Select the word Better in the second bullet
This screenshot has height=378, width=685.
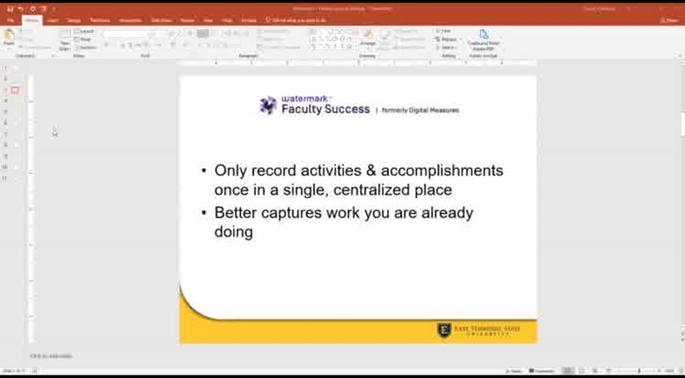[x=235, y=213]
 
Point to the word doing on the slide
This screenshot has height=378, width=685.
[x=233, y=232]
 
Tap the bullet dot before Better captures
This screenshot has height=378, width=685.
[x=204, y=213]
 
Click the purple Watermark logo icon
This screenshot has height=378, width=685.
[x=268, y=105]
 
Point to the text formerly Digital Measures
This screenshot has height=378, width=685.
[x=421, y=110]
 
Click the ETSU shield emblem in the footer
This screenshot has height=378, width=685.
[x=444, y=330]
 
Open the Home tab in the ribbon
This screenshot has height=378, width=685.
[x=32, y=20]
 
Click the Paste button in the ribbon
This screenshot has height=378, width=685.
[x=9, y=38]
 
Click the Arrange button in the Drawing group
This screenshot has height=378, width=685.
[x=367, y=38]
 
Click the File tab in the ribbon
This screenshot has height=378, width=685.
[x=10, y=20]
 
